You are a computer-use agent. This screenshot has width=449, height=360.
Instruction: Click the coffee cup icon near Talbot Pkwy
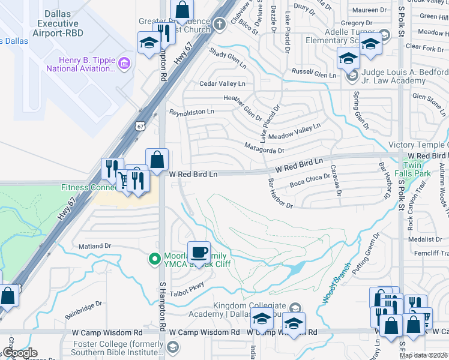coord(199,252)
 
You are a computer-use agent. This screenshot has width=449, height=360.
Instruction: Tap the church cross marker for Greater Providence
coord(220,24)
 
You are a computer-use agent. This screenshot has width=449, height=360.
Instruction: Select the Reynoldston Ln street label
coord(191,112)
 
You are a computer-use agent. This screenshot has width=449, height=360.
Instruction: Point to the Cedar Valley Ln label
coord(223,84)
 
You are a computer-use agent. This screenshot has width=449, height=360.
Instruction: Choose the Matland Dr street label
coord(95,246)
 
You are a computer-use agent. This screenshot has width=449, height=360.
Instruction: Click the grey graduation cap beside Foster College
coord(172,347)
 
